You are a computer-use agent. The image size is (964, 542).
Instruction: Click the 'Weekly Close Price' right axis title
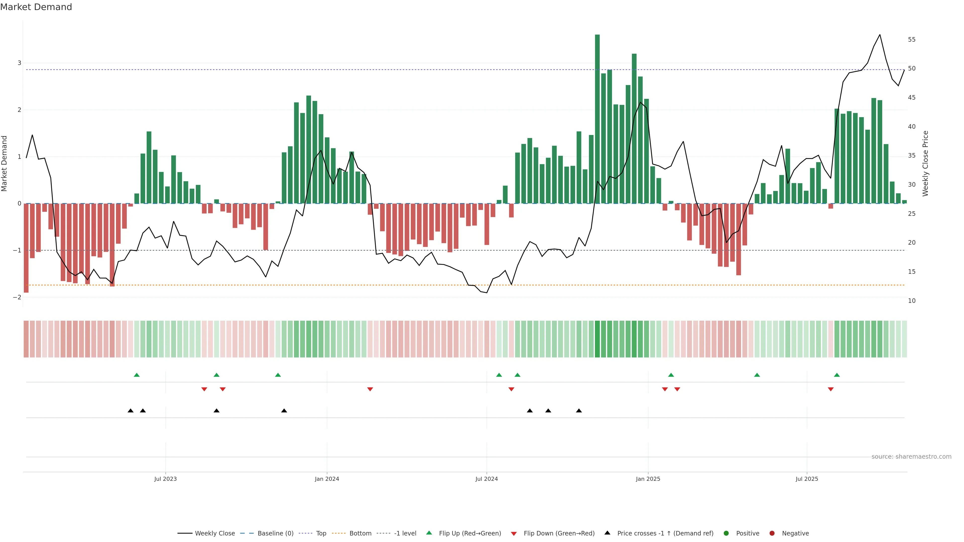[x=925, y=163]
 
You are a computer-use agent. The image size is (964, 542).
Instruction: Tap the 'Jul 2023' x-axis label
[x=165, y=479]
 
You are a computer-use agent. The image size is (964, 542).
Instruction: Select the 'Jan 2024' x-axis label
[x=327, y=479]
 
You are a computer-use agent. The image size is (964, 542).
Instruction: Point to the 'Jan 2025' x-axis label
[x=648, y=479]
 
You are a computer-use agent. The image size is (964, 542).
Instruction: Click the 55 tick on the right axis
[x=912, y=40]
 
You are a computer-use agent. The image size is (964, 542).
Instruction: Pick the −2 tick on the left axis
[x=17, y=297]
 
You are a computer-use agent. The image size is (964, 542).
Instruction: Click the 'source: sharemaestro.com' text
[x=911, y=457]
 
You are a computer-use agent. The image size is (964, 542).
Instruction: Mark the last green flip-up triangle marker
[x=837, y=375]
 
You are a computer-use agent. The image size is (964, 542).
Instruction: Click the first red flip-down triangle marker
[x=204, y=389]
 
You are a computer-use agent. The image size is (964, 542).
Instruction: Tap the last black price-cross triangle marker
[x=579, y=411]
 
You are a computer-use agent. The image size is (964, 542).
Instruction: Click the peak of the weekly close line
[x=880, y=35]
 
